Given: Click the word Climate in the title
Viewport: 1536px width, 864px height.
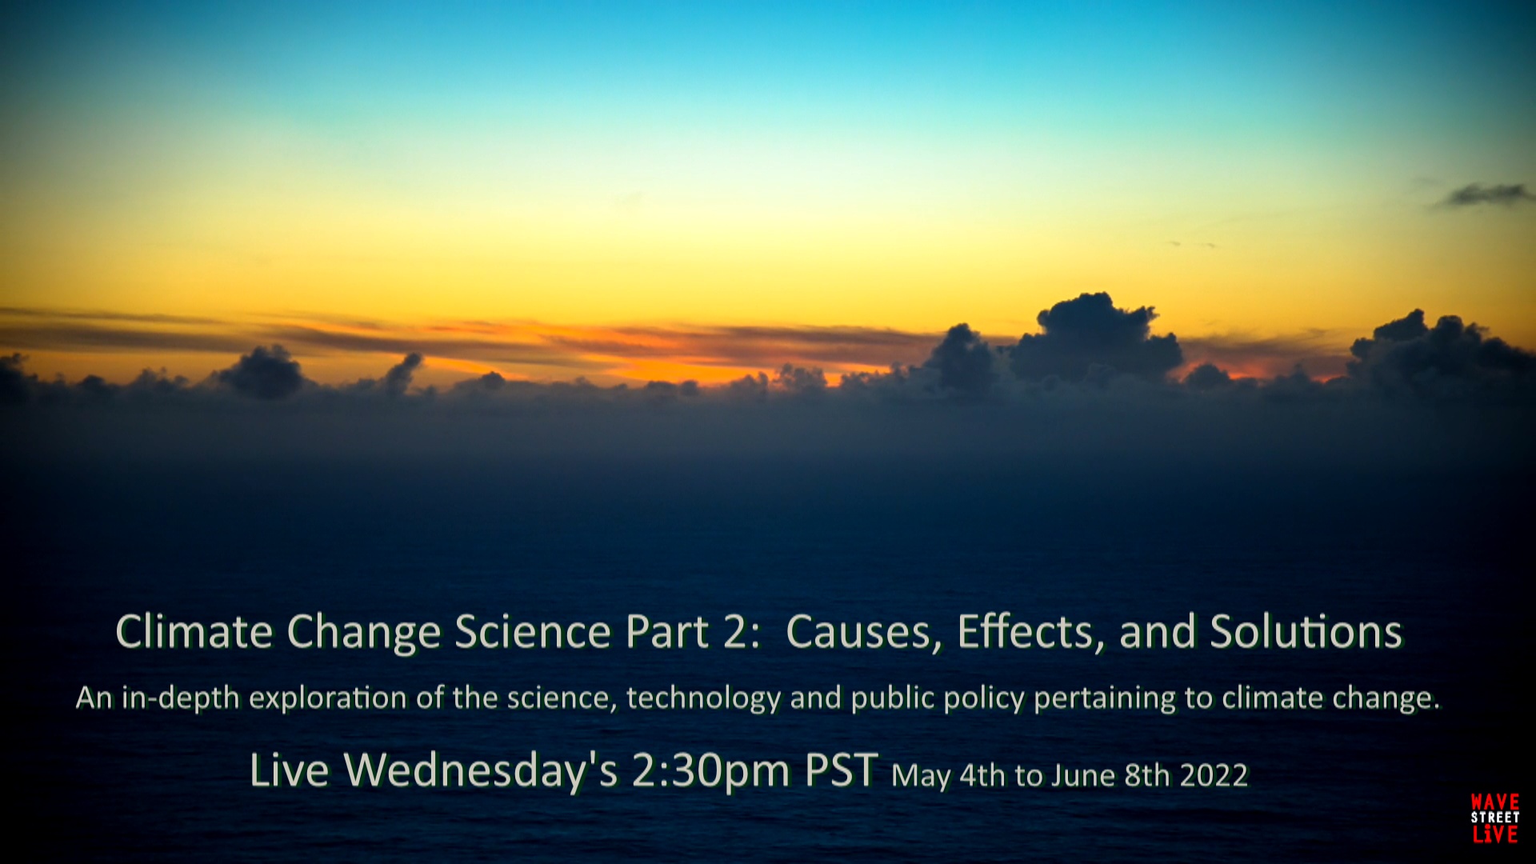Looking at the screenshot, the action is point(194,632).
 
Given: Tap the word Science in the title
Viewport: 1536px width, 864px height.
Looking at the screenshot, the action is point(534,632).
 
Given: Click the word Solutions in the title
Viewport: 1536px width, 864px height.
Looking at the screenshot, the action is point(1306,632).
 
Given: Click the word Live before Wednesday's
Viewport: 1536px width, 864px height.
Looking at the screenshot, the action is point(289,770).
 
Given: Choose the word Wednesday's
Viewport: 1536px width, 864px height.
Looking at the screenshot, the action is point(481,770).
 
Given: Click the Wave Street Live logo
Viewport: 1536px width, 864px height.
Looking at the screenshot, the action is point(1494,818).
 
